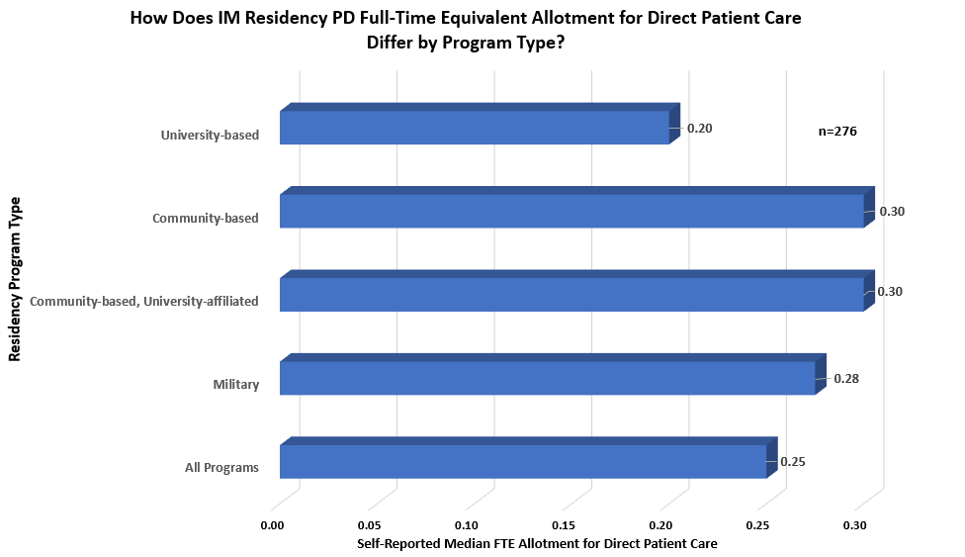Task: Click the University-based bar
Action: pos(475,127)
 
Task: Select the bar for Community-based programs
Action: pos(571,211)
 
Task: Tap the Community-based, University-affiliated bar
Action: pos(571,294)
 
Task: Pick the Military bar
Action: pos(547,378)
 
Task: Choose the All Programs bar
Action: pos(523,461)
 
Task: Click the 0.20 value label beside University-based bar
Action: pos(699,129)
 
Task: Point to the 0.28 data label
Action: pos(846,378)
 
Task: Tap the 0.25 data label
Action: pos(794,461)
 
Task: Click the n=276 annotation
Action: pos(836,131)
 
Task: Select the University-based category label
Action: pos(210,135)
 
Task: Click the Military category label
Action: pos(235,384)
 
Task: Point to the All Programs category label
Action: pos(221,467)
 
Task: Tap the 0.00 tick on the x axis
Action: pos(272,525)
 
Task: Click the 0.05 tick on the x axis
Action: pos(370,525)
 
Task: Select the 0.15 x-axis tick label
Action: pos(564,525)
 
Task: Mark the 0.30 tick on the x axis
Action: pos(856,525)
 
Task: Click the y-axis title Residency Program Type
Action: pos(15,279)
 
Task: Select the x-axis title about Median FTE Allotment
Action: pos(536,544)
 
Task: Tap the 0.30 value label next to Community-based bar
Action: pos(892,212)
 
